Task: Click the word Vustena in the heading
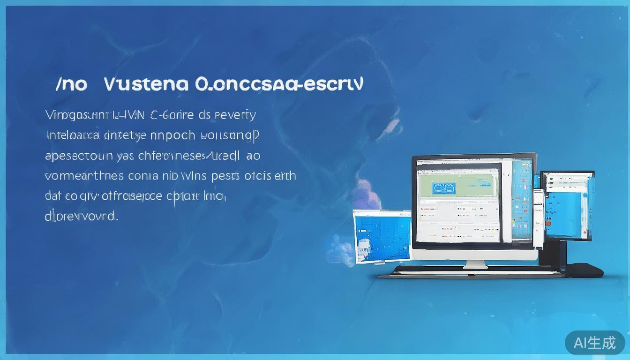pos(146,84)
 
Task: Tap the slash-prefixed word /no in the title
pos(71,85)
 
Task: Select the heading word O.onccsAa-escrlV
pos(278,84)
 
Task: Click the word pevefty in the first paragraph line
pos(234,114)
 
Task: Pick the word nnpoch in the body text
pos(172,135)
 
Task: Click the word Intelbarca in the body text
pos(73,135)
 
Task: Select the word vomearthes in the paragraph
pos(84,176)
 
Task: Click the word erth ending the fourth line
pos(285,176)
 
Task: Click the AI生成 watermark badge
pos(595,343)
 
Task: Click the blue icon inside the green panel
pos(439,188)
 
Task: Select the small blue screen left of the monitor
pos(382,236)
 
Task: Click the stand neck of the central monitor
pos(475,263)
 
